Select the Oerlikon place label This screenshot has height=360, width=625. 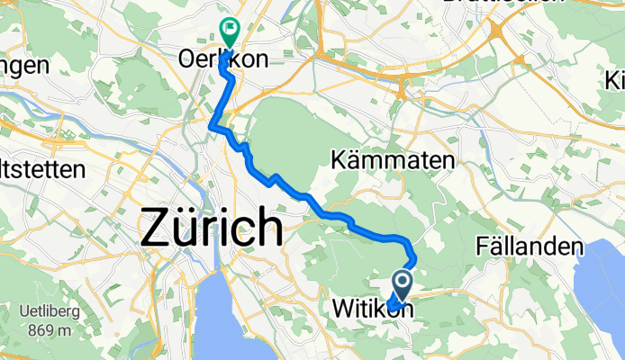224,60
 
